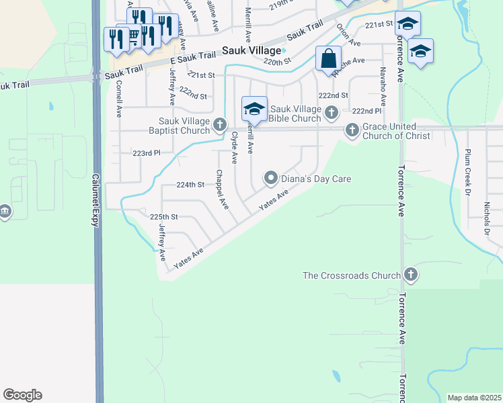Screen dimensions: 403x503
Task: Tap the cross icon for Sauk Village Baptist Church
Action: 220,124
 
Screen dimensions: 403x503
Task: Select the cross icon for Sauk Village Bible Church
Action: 331,111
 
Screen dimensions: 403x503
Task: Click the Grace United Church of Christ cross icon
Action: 352,130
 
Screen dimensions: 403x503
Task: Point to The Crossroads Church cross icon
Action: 410,274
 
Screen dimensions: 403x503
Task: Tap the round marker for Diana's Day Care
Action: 271,178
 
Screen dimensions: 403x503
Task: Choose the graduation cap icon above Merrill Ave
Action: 254,108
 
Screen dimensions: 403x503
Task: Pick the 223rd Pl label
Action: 147,153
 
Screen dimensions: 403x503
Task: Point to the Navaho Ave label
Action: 383,87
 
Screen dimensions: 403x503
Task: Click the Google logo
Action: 22,395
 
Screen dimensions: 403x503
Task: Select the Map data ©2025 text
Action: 474,398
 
